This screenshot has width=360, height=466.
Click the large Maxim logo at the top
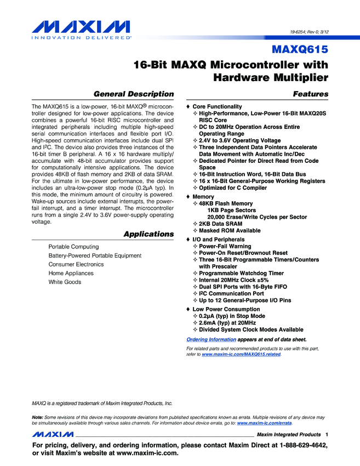point(82,28)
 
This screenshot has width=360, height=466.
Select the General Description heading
point(134,94)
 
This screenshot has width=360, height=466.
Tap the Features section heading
point(311,94)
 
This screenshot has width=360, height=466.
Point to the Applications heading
point(148,234)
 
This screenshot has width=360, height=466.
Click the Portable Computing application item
point(73,247)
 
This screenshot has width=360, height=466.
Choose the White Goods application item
point(65,282)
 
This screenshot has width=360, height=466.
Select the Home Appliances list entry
point(71,273)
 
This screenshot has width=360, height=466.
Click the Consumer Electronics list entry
point(76,264)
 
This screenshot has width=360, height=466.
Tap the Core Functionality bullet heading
point(217,106)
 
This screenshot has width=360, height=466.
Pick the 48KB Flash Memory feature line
point(226,203)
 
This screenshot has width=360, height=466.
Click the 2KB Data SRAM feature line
point(221,224)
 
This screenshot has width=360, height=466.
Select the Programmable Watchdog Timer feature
point(241,273)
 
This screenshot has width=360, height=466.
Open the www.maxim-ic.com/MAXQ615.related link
point(241,355)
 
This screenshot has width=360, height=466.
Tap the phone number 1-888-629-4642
point(300,446)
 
